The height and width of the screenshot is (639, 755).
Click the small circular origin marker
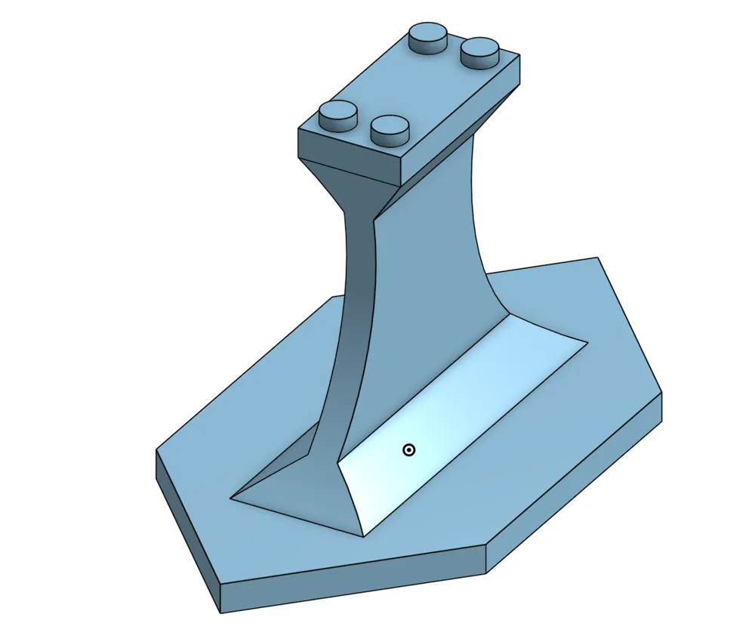click(x=408, y=450)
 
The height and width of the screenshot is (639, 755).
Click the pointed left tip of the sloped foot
click(x=233, y=497)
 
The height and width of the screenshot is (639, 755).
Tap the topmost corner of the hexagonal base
click(x=599, y=258)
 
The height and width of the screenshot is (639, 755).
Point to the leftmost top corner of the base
click(x=156, y=451)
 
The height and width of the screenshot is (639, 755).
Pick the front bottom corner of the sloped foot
click(x=363, y=536)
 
